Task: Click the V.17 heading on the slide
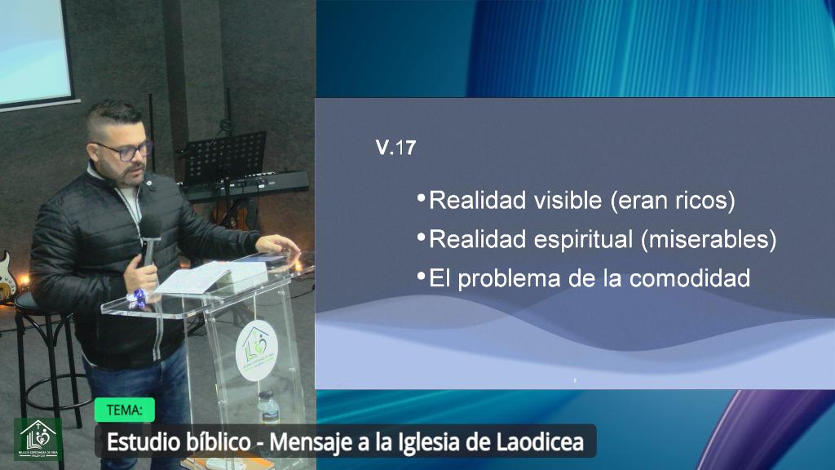point(395,149)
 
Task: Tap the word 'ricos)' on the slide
point(704,200)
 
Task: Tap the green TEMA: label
point(124,409)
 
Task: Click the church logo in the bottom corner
point(37,439)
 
